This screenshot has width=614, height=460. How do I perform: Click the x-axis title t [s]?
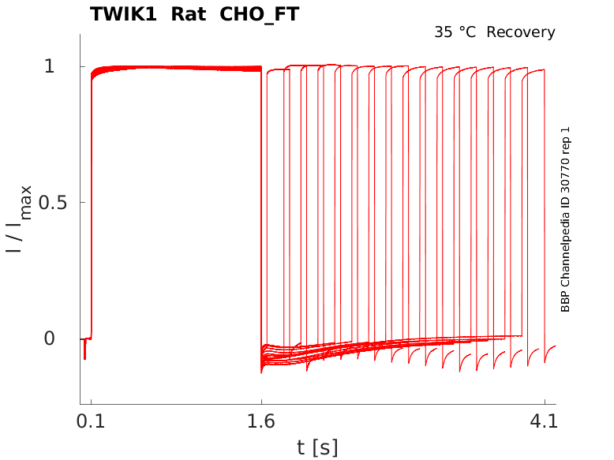pos(317,447)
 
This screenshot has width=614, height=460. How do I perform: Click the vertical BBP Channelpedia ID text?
pos(565,219)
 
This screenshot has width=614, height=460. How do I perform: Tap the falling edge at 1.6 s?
pos(261,205)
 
